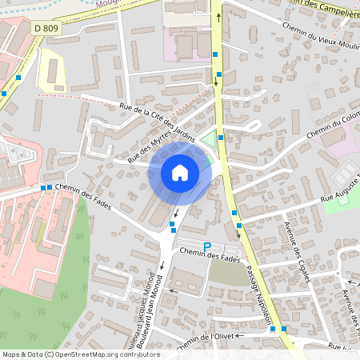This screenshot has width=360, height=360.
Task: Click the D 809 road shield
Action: [46, 28]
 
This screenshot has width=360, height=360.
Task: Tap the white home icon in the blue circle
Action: [179, 172]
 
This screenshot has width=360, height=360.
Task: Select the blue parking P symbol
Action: [207, 246]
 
